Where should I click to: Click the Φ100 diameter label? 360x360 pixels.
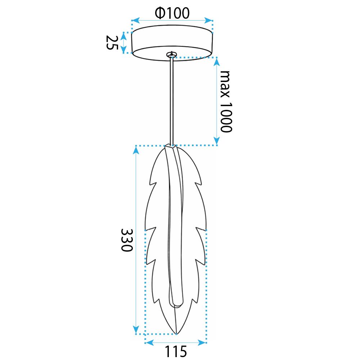(x=172, y=13)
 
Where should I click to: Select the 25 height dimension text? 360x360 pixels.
(x=112, y=42)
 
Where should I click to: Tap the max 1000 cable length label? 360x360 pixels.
(x=226, y=102)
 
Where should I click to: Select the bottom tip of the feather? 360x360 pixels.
(x=176, y=333)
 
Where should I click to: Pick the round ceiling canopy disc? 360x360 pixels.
(x=172, y=41)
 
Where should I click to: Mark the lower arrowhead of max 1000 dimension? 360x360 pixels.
(x=216, y=141)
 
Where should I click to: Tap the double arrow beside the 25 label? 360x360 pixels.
(x=123, y=42)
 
